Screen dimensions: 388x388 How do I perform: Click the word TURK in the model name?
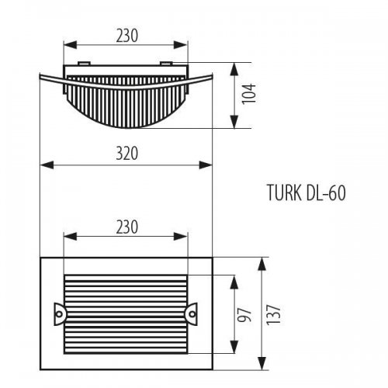click(x=282, y=193)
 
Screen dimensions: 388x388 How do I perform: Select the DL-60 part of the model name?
click(x=321, y=193)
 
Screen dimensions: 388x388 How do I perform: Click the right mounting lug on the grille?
click(x=190, y=312)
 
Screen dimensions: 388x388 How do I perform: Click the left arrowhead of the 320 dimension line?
click(x=43, y=165)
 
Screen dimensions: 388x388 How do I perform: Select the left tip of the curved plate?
click(x=39, y=74)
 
